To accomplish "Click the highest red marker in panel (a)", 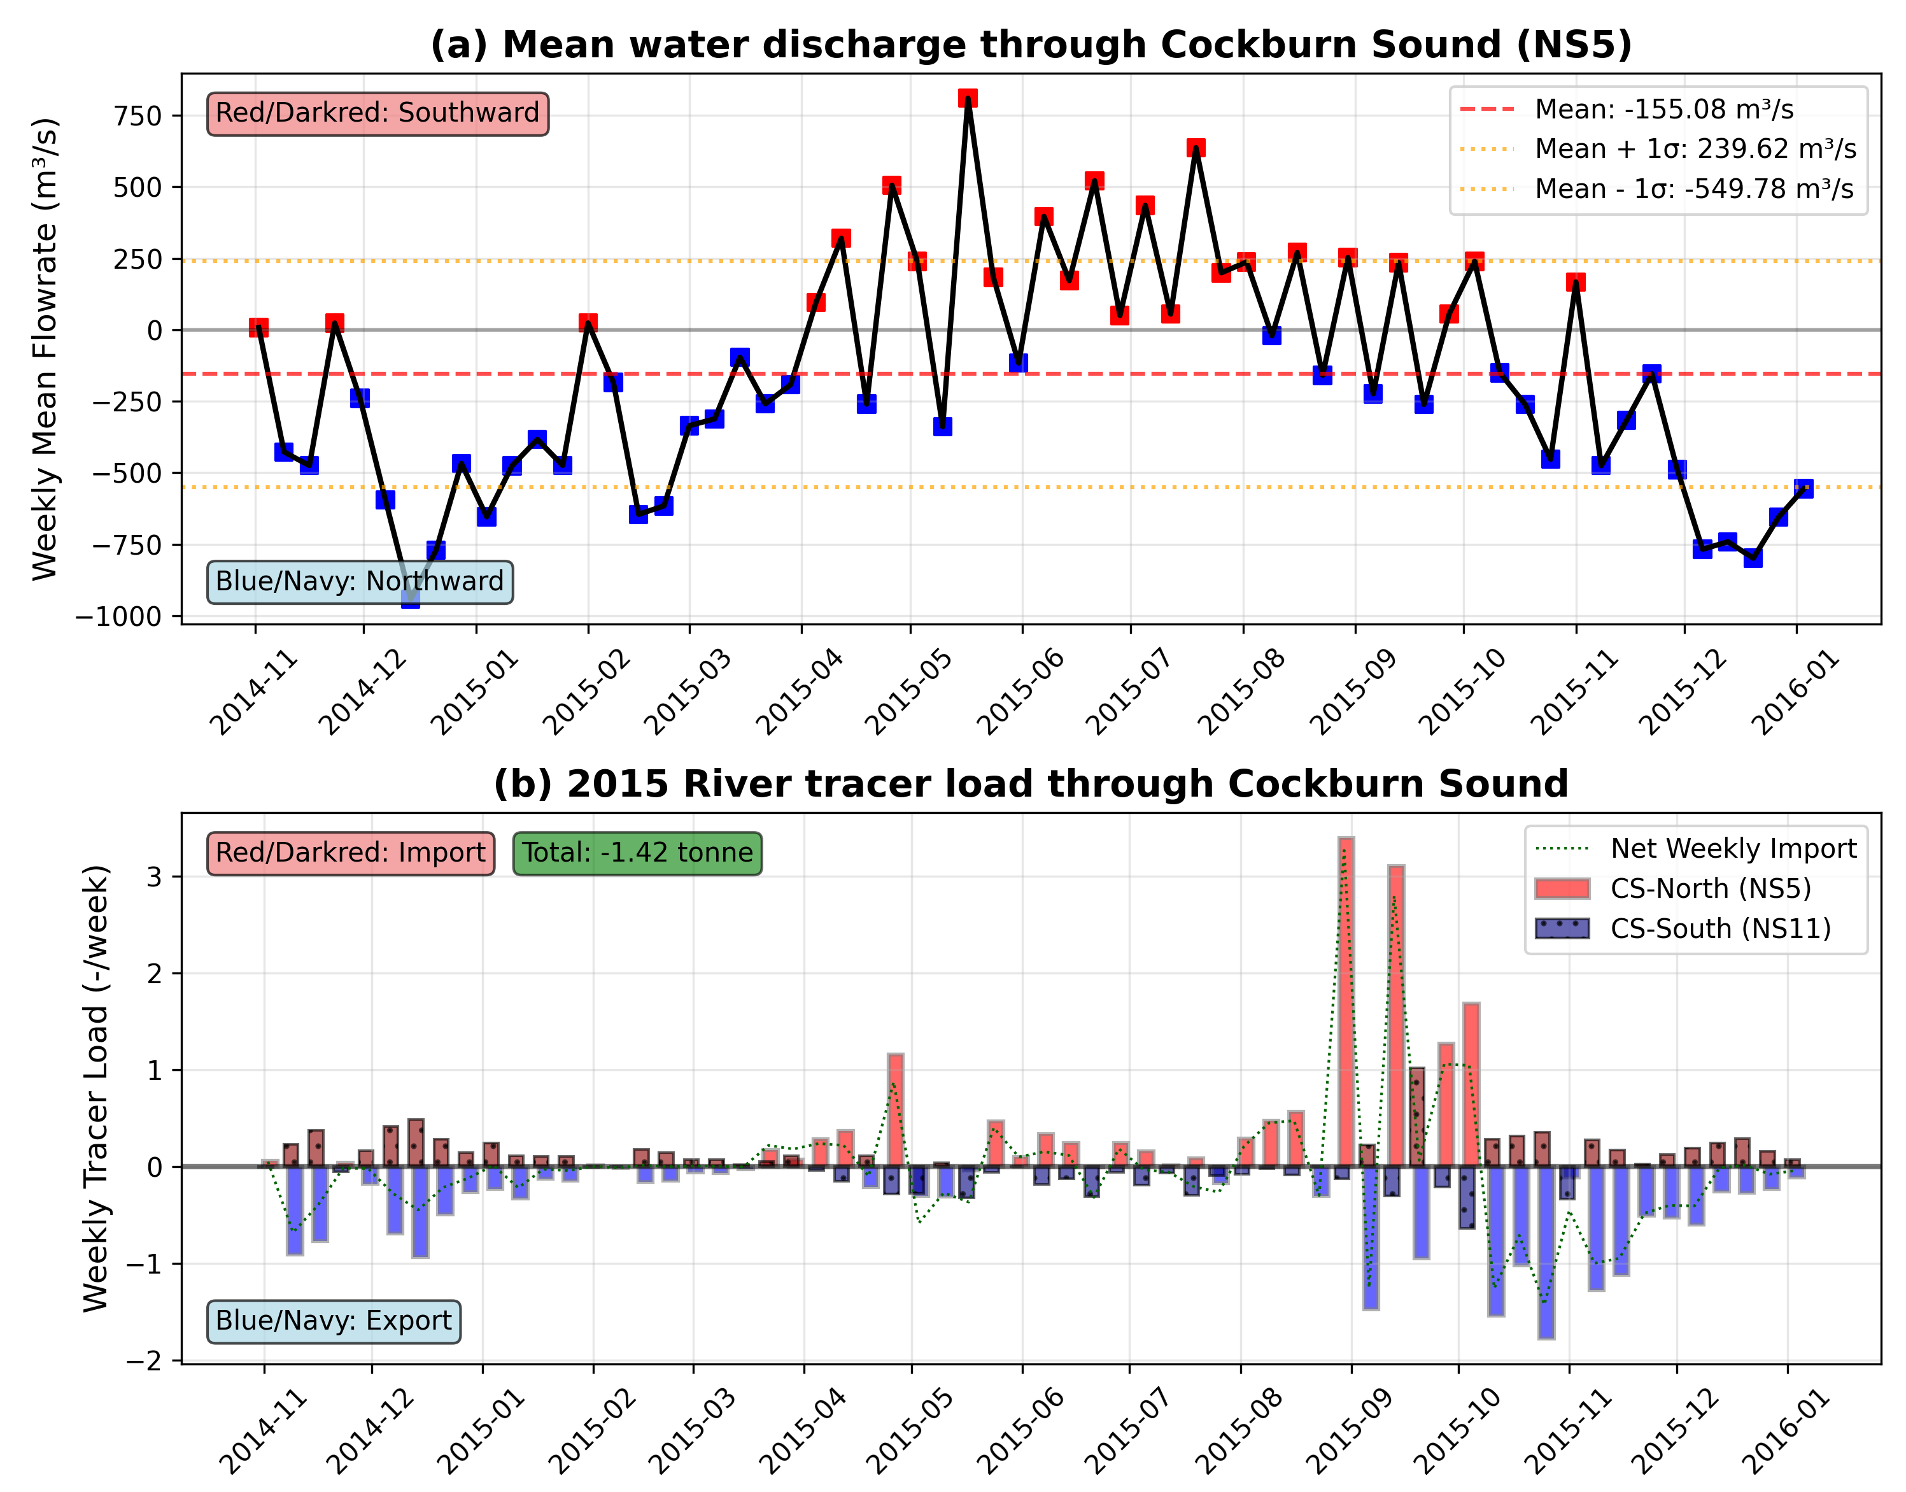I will (968, 98).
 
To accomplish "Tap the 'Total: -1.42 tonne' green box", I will (637, 853).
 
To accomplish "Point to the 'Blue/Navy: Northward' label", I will (360, 582).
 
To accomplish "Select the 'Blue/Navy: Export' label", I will (334, 1320).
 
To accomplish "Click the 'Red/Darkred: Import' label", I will (350, 853).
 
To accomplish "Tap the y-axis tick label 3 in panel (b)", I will (155, 877).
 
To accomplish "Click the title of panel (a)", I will (1031, 45).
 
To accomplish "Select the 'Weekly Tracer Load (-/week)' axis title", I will (96, 1088).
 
